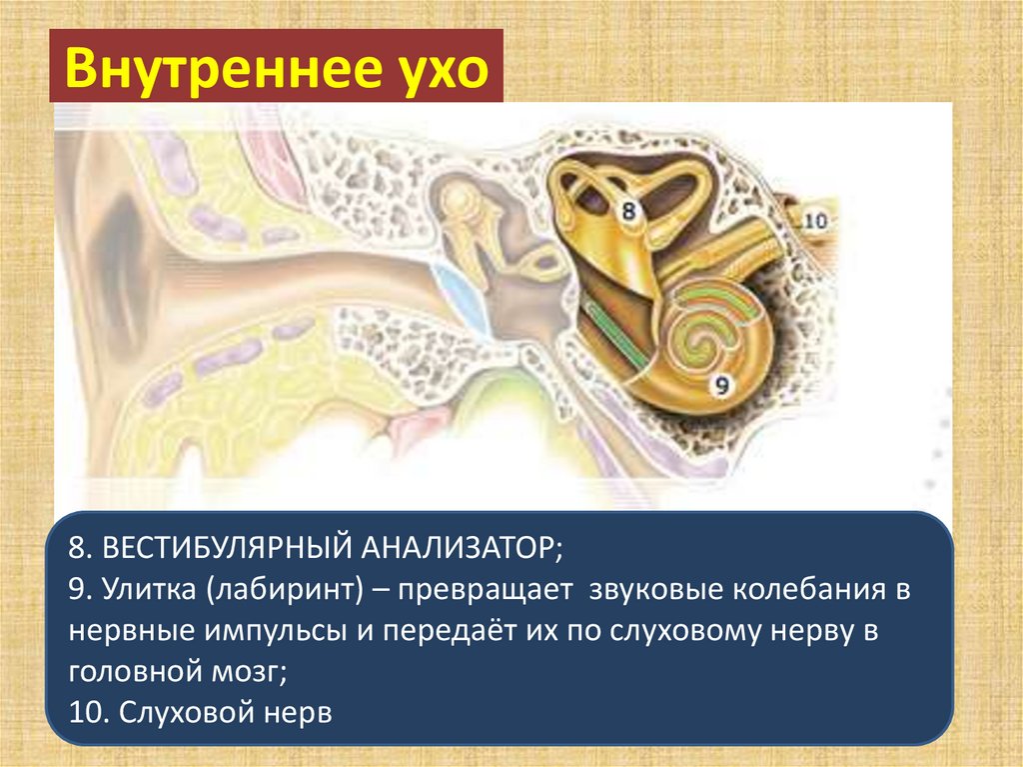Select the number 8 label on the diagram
[x=628, y=211]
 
